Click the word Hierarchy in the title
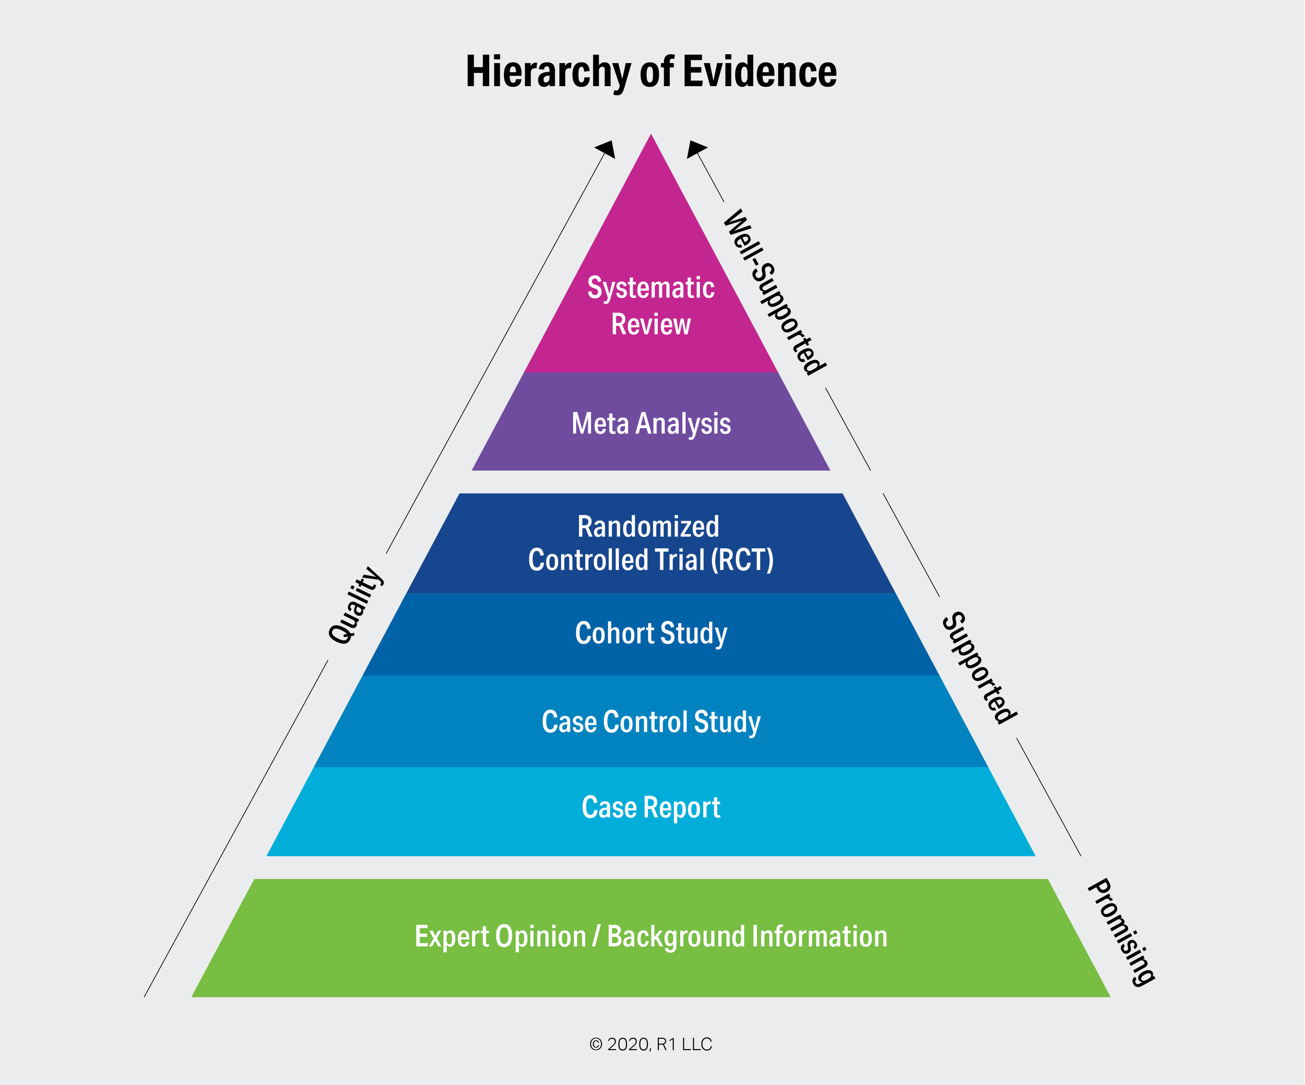click(548, 72)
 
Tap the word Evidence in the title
click(760, 72)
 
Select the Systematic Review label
click(650, 306)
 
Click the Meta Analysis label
click(650, 424)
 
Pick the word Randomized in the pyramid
click(648, 526)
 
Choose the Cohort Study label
click(650, 633)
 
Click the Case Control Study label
click(650, 722)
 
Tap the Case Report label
click(650, 807)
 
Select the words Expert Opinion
click(500, 937)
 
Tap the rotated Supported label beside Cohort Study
click(979, 668)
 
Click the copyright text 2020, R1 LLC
click(650, 1044)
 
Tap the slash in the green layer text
click(597, 937)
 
